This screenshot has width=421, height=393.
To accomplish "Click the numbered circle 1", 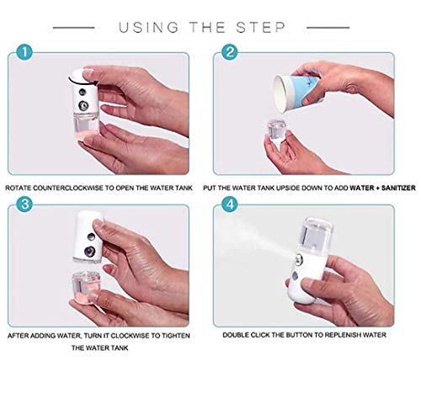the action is pos(24,52).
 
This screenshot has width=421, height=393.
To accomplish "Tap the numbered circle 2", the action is pos(230,52).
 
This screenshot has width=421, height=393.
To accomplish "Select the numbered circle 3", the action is pos(24,204).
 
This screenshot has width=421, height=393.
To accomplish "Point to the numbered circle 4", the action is pos(230,204).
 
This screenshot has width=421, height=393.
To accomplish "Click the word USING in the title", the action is pos(149,28).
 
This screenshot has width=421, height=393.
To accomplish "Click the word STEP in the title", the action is pos(260,28).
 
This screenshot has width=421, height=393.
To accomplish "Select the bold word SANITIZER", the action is pos(398,188).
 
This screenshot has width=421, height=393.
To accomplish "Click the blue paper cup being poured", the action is pos(297,92).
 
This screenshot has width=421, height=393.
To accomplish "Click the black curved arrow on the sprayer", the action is pos(83,82).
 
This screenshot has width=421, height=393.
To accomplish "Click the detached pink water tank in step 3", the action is pos(86,288).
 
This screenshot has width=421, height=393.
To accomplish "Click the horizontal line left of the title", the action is pos(74,28).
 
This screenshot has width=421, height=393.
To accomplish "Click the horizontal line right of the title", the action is pos(328,28).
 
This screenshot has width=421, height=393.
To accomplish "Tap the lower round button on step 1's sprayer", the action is pos(83,106).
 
